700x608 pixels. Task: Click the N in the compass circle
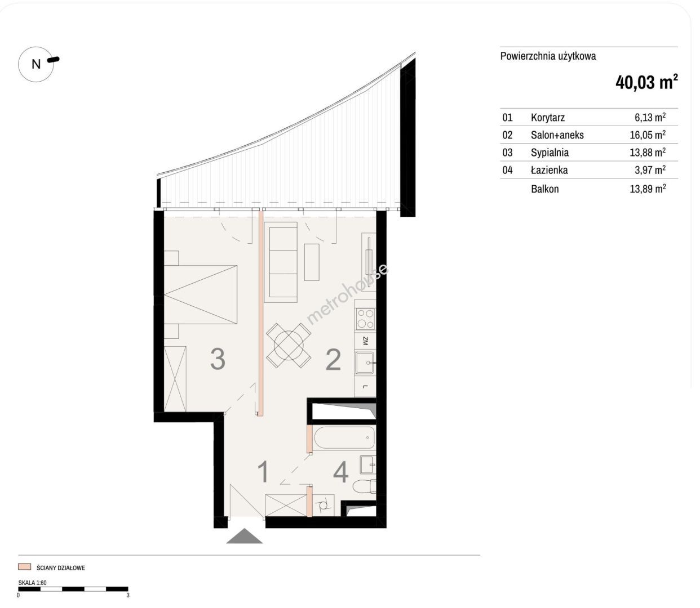(x=36, y=64)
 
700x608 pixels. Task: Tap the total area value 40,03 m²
(x=646, y=82)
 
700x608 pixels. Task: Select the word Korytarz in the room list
(x=547, y=118)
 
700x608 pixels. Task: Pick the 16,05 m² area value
(x=648, y=135)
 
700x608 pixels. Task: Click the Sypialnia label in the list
(x=550, y=153)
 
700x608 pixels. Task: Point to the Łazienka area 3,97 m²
(x=650, y=170)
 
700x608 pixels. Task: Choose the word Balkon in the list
(x=544, y=189)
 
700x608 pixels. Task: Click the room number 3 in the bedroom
(x=218, y=359)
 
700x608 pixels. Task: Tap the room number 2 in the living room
(x=333, y=359)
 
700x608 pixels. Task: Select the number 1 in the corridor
(x=263, y=472)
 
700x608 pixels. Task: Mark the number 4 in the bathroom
(x=341, y=472)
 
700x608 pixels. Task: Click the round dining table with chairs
(x=289, y=346)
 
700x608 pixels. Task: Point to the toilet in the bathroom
(x=364, y=486)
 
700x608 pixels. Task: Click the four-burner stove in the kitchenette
(x=365, y=319)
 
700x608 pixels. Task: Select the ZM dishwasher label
(x=365, y=341)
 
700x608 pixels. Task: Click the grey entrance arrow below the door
(x=244, y=536)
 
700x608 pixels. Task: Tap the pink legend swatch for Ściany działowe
(x=25, y=567)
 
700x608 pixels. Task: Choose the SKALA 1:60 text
(x=33, y=583)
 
